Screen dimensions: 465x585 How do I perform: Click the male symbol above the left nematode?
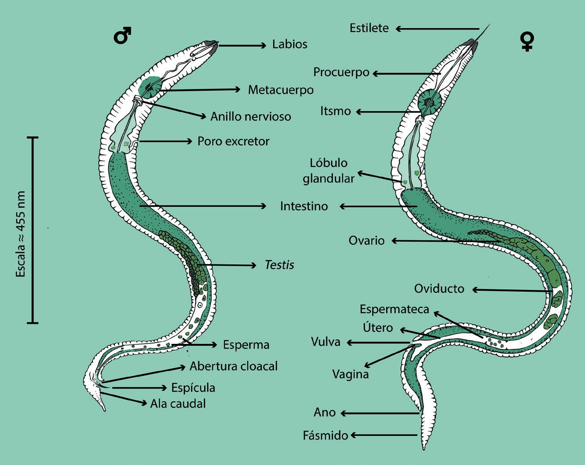[122, 36]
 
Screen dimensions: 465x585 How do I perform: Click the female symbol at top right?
[527, 42]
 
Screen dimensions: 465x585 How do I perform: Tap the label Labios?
[290, 45]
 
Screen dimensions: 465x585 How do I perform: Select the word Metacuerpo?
[281, 90]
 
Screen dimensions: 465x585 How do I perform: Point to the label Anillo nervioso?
[251, 117]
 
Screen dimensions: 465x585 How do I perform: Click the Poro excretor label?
[233, 142]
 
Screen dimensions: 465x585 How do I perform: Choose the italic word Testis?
[279, 265]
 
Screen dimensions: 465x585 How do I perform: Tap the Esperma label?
[246, 345]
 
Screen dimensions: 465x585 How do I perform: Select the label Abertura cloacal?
[233, 366]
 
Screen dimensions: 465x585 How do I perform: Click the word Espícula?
[193, 388]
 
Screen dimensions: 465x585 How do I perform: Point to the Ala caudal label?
[178, 404]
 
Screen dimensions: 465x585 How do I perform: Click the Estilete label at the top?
[369, 28]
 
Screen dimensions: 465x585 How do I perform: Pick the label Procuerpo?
[341, 72]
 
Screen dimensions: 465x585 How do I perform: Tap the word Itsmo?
[335, 111]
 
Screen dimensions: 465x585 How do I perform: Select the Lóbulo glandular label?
[328, 171]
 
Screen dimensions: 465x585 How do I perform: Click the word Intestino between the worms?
[304, 206]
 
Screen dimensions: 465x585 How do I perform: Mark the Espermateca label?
[394, 309]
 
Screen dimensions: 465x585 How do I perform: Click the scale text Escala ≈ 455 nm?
[21, 234]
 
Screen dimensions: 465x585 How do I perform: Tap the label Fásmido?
[325, 436]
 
